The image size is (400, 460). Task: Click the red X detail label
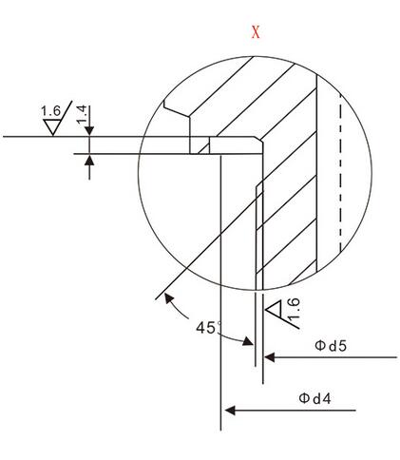(x=256, y=32)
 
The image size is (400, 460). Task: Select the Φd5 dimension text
(x=331, y=346)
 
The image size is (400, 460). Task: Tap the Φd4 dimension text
(x=314, y=398)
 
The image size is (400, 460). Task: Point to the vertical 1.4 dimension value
(x=82, y=115)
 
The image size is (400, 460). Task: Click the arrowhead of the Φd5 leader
(x=269, y=357)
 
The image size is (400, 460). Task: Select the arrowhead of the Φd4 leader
(x=230, y=411)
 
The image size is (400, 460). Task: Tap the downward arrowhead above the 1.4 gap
(x=89, y=131)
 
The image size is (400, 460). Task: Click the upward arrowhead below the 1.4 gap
(x=89, y=161)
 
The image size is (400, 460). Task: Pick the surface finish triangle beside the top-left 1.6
(x=52, y=127)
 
